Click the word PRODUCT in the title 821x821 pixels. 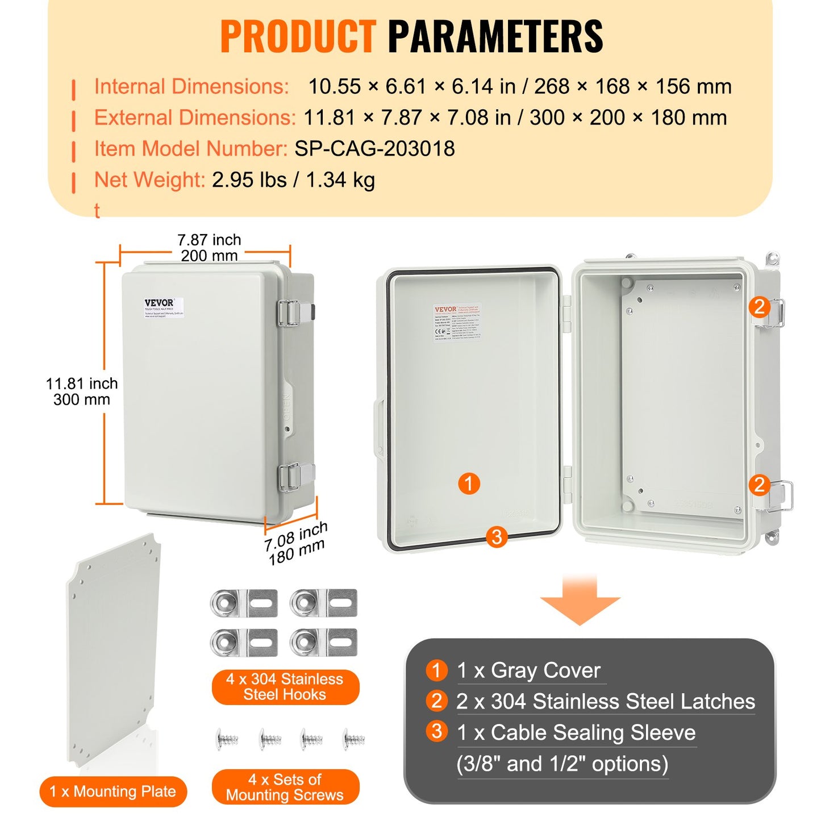(x=298, y=37)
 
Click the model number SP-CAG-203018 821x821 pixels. (x=374, y=149)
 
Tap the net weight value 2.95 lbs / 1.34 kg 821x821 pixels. (x=293, y=180)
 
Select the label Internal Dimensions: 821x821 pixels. (x=191, y=87)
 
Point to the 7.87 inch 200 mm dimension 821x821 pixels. (x=209, y=248)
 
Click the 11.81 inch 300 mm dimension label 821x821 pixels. (x=82, y=391)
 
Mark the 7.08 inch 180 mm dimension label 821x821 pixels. (x=296, y=543)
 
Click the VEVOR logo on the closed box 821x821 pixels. (x=159, y=303)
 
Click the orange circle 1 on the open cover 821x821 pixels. (x=469, y=484)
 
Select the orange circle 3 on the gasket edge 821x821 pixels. (x=497, y=536)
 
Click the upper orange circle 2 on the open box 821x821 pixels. (x=759, y=307)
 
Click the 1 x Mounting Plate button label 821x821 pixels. (x=113, y=791)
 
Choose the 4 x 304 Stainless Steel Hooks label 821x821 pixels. (x=285, y=687)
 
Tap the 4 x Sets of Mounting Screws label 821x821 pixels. (x=285, y=787)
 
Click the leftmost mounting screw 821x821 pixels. (x=227, y=739)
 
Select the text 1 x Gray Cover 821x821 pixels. (x=528, y=671)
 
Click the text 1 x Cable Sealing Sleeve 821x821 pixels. (x=576, y=733)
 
